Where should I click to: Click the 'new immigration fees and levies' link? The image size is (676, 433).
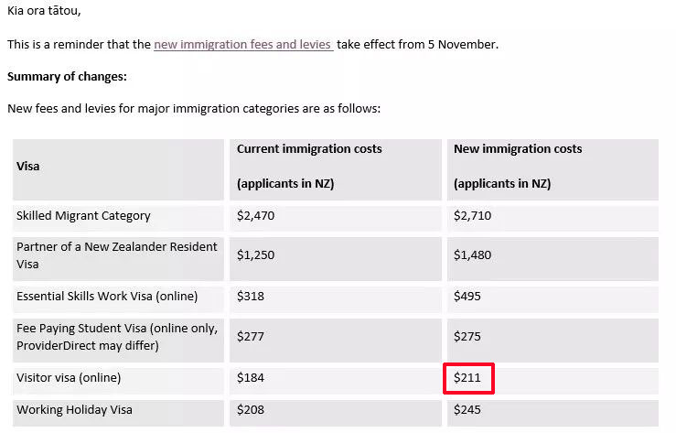242,44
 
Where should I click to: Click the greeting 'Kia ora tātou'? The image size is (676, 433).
44,11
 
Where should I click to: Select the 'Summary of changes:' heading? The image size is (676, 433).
67,76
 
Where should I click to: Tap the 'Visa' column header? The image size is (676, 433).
28,167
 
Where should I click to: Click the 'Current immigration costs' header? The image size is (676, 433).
309,148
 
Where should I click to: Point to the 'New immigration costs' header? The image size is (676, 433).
518,148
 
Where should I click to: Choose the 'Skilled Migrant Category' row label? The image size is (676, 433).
83,216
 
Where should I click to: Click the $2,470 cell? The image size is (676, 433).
255,216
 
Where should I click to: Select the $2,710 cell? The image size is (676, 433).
472,216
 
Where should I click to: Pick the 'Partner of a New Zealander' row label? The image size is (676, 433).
116,247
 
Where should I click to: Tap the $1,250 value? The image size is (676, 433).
255,254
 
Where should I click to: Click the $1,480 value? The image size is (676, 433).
472,254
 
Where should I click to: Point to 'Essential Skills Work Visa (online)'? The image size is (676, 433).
107,296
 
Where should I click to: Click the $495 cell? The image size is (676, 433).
467,296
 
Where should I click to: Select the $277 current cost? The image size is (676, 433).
250,336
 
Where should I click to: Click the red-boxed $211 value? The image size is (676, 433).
467,377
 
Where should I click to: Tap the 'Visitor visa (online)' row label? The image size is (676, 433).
69,377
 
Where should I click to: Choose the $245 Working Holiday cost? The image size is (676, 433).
467,410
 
